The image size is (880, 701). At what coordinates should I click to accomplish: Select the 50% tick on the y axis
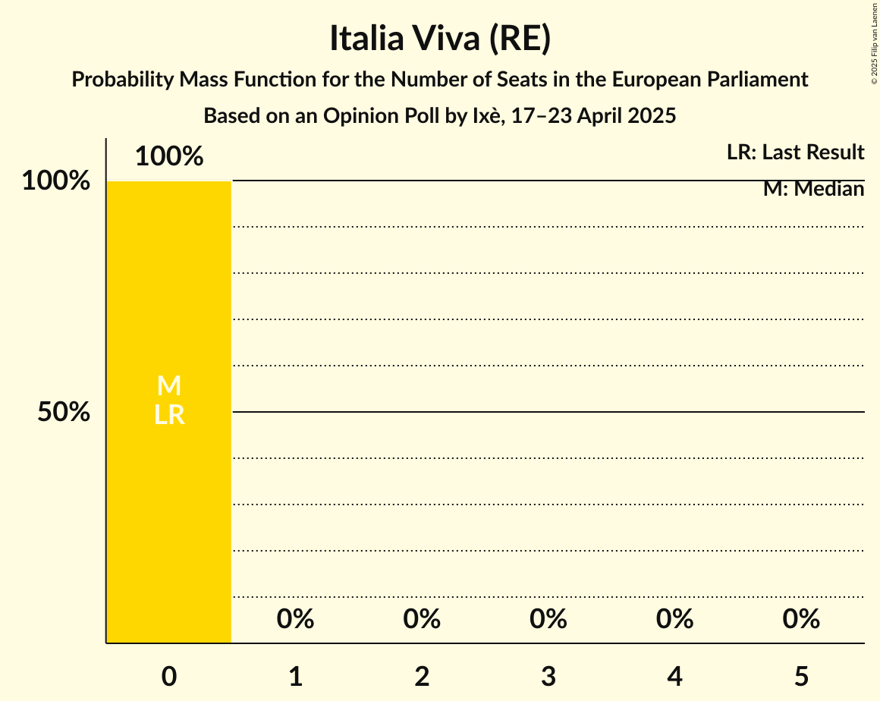[x=64, y=412]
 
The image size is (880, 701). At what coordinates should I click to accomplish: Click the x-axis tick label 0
[x=169, y=676]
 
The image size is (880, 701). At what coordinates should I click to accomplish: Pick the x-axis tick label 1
[x=296, y=676]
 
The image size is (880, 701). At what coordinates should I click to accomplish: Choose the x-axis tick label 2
[x=422, y=676]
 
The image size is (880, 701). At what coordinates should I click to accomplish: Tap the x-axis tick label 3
[x=548, y=676]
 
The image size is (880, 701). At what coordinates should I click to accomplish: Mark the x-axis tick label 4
[x=675, y=676]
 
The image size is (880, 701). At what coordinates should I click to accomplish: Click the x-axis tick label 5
[x=801, y=676]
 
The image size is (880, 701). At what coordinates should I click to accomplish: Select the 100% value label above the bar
[x=169, y=157]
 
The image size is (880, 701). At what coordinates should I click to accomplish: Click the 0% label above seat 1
[x=296, y=620]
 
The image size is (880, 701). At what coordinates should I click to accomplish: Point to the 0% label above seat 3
[x=548, y=620]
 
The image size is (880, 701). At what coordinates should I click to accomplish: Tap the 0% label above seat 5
[x=801, y=620]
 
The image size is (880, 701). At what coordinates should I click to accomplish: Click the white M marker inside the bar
[x=169, y=386]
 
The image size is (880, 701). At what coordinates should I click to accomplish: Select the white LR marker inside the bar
[x=169, y=415]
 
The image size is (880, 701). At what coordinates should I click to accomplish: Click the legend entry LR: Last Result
[x=795, y=152]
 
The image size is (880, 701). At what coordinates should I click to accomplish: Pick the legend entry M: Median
[x=813, y=189]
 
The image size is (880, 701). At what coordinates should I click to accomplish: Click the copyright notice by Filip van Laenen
[x=874, y=42]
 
